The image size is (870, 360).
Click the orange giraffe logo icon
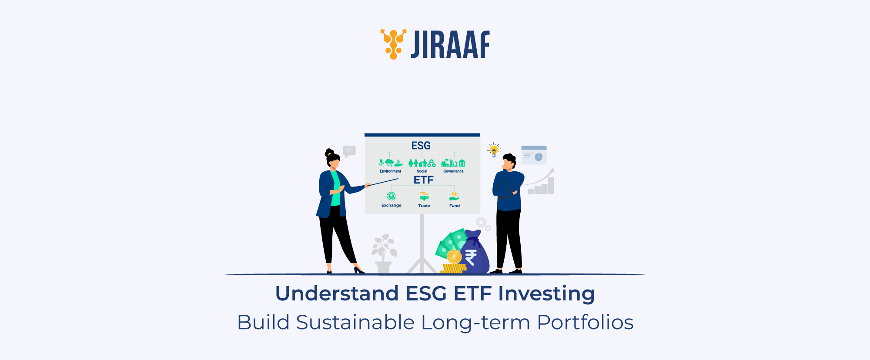(x=394, y=44)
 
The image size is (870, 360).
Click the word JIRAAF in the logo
(x=450, y=44)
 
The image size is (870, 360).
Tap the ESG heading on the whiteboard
(x=421, y=146)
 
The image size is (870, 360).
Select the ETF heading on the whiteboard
(x=423, y=180)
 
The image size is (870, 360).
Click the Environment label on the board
(x=390, y=171)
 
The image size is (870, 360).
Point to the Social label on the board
(x=422, y=171)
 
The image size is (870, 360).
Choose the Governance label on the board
(x=453, y=171)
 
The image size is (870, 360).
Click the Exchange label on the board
(x=391, y=205)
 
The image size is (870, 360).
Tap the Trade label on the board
(x=424, y=206)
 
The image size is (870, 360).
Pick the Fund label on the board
(x=455, y=206)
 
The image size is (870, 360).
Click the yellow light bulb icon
(x=494, y=150)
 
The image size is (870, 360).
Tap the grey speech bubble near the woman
(x=349, y=151)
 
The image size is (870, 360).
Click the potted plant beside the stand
(x=384, y=254)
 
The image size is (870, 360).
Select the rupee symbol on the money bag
(x=471, y=257)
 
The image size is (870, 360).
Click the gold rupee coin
(x=454, y=257)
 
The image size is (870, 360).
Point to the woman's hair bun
(x=329, y=153)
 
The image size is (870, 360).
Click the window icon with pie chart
(x=534, y=155)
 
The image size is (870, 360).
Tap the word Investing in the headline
(x=546, y=294)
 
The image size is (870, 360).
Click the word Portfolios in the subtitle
(x=585, y=323)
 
